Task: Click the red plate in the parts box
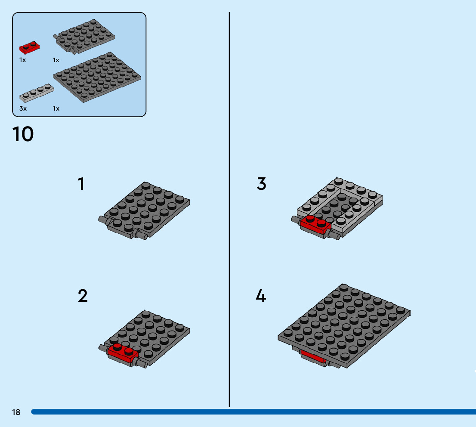pos(30,47)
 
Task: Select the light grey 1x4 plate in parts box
pos(37,93)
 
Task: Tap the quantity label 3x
pos(23,108)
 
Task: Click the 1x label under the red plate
pos(22,60)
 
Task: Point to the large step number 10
pos(23,134)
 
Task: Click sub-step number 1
pos(81,184)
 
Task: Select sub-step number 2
pos(83,296)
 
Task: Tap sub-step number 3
pos(261,184)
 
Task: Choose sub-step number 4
pos(261,296)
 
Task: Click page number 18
pos(16,412)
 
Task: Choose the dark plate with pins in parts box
pos(86,37)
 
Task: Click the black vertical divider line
pos(229,215)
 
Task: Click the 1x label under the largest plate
pos(56,108)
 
